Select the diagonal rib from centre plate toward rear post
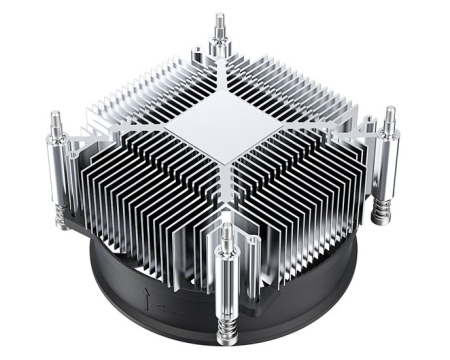[218, 84]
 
